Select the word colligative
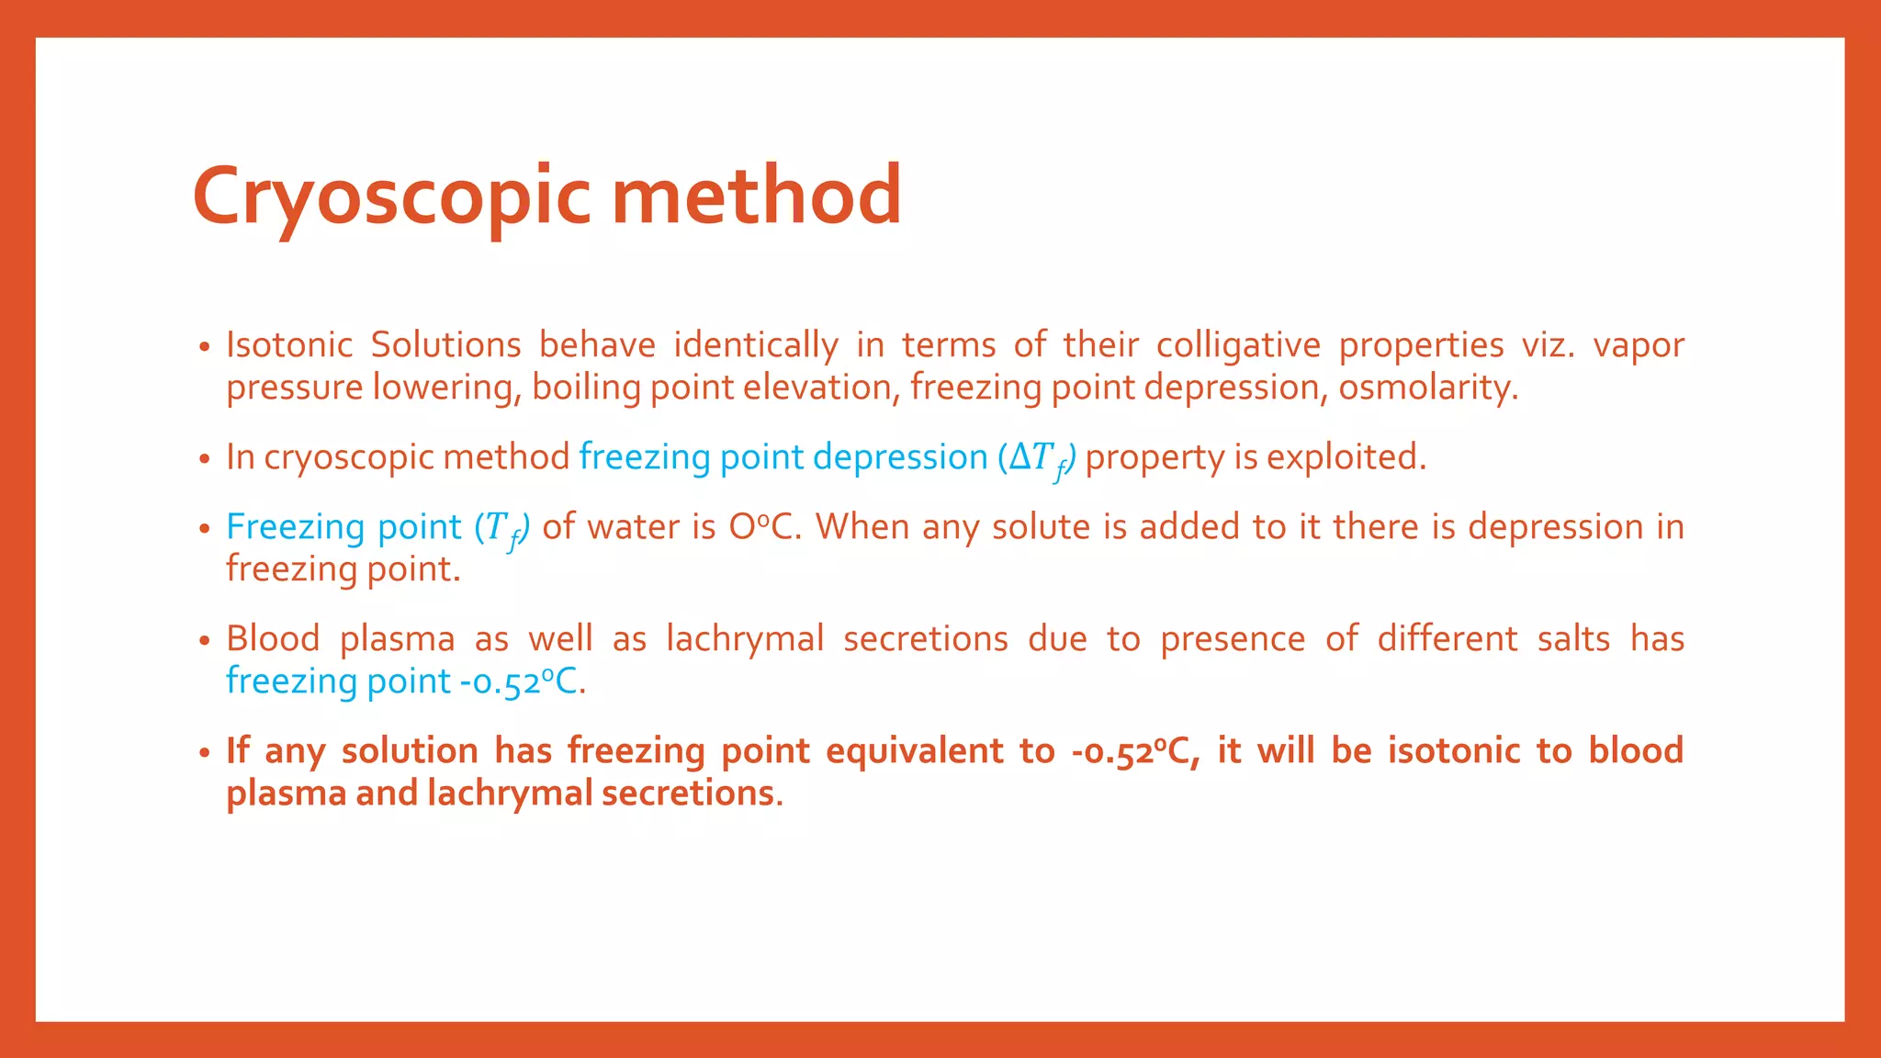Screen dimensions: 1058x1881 1237,345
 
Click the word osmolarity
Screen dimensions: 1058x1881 1427,388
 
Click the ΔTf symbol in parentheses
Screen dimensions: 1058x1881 1039,458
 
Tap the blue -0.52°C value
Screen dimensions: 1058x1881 522,681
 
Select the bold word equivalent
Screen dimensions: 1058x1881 915,751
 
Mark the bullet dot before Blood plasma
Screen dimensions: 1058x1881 205,641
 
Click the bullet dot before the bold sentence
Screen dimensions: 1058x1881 205,753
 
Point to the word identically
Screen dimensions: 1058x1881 755,345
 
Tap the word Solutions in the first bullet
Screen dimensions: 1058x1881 445,345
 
